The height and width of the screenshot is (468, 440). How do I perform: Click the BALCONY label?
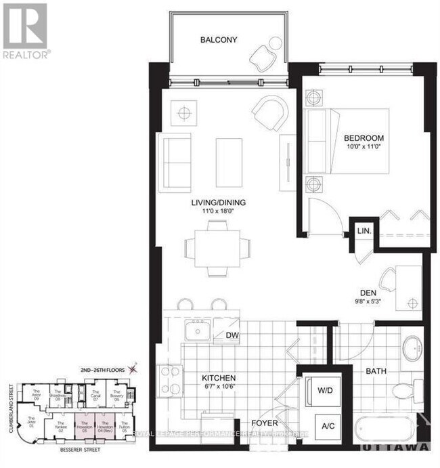pos(219,40)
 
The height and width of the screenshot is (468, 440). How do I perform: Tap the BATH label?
pos(376,372)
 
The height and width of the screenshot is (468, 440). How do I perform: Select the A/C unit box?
pos(328,426)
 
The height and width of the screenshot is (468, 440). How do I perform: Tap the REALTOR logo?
pos(25,30)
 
